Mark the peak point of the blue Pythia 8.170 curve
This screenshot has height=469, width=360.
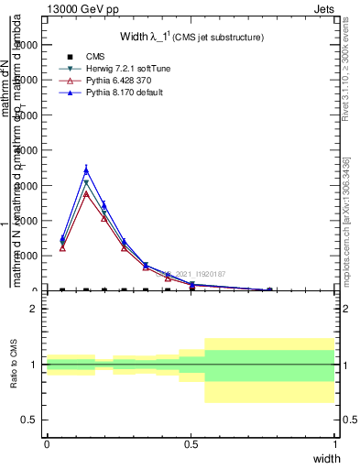coord(86,169)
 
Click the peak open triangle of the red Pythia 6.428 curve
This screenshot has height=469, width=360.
coord(86,193)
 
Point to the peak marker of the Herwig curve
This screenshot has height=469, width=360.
coord(86,183)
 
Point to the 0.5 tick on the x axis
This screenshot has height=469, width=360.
coord(191,443)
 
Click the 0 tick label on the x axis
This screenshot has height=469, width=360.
coord(47,443)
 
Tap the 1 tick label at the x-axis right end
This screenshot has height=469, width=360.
coord(335,443)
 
